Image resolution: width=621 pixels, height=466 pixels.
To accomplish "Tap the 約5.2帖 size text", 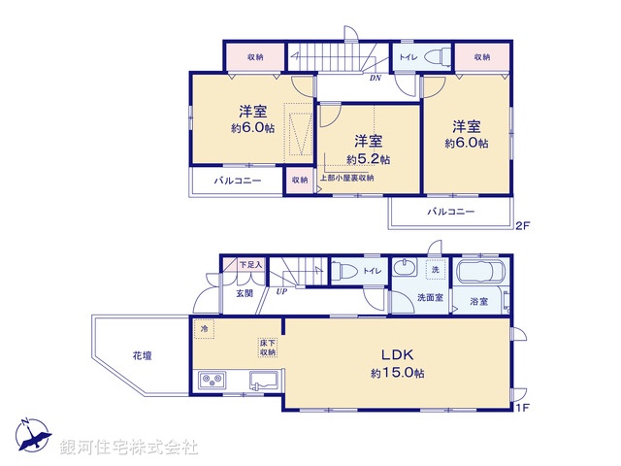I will pyautogui.click(x=370, y=159).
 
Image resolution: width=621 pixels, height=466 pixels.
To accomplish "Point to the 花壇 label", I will pyautogui.click(x=142, y=356).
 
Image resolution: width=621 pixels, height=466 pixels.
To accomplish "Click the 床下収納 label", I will pyautogui.click(x=269, y=348).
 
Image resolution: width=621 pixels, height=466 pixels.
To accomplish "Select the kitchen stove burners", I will pyautogui.click(x=212, y=381).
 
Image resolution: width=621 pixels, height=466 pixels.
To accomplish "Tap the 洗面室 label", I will pyautogui.click(x=430, y=298).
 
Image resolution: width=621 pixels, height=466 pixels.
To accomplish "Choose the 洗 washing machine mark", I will pyautogui.click(x=436, y=269).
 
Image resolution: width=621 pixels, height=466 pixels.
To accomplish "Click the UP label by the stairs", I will pyautogui.click(x=281, y=291).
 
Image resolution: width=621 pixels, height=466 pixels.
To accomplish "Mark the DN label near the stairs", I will pyautogui.click(x=375, y=79).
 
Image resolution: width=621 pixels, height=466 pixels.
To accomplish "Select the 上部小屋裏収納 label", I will pyautogui.click(x=346, y=179).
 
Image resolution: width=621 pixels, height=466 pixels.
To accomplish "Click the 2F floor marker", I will pyautogui.click(x=523, y=226).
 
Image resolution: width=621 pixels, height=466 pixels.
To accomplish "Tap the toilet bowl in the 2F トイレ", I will pyautogui.click(x=436, y=56).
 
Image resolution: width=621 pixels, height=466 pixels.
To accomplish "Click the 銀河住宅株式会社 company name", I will pyautogui.click(x=129, y=448).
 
